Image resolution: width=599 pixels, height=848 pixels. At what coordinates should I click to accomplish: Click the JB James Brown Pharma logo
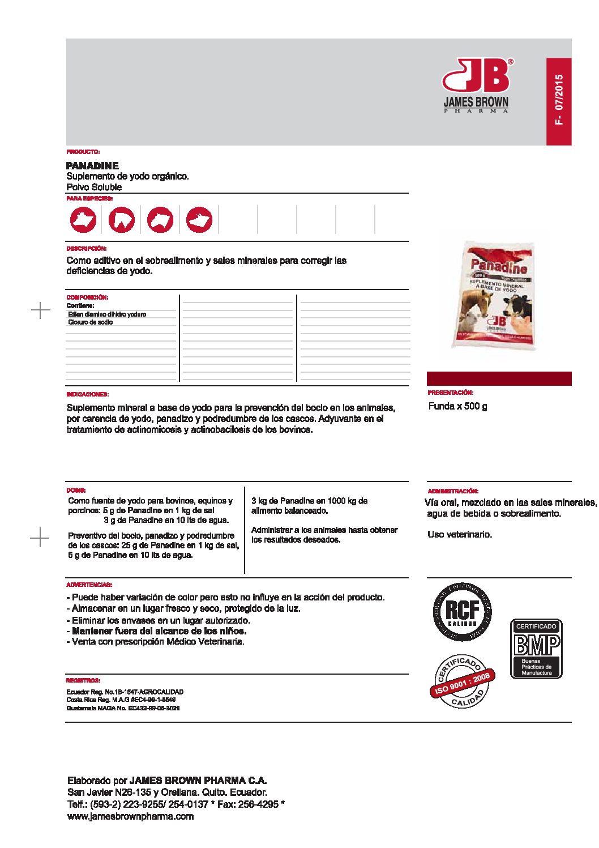pos(476,85)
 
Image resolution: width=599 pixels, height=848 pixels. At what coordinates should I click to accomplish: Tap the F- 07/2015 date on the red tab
pos(559,100)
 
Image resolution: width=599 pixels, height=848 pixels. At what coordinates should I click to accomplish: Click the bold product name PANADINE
pos(92,165)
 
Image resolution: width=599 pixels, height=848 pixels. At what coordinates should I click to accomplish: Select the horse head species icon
pos(122,219)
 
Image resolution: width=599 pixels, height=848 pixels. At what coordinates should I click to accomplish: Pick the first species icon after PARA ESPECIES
pos(83,219)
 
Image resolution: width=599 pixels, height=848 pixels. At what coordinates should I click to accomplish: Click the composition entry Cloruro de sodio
pos(91,322)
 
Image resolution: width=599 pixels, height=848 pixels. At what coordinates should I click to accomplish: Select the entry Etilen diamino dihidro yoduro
pos(107,314)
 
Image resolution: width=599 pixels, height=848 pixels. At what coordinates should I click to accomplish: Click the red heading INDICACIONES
pos(87,394)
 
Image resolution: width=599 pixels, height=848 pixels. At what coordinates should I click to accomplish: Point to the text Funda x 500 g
pos(457,406)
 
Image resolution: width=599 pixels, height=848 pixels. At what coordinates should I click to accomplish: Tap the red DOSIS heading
pos(76,491)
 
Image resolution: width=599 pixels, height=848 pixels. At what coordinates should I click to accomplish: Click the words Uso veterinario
pos(460,534)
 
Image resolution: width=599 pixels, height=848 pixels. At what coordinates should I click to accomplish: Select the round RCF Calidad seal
pos(463,612)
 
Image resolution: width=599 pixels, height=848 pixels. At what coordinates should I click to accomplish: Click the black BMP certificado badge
pos(536,648)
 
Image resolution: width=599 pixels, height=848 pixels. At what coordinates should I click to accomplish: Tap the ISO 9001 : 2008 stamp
pos(462,681)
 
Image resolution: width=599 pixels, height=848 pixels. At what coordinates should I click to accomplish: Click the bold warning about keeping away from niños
pos(159,631)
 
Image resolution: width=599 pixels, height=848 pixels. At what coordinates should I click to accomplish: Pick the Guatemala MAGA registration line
pos(123,708)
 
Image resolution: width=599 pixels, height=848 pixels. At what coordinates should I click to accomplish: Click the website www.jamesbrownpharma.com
pos(130,816)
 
